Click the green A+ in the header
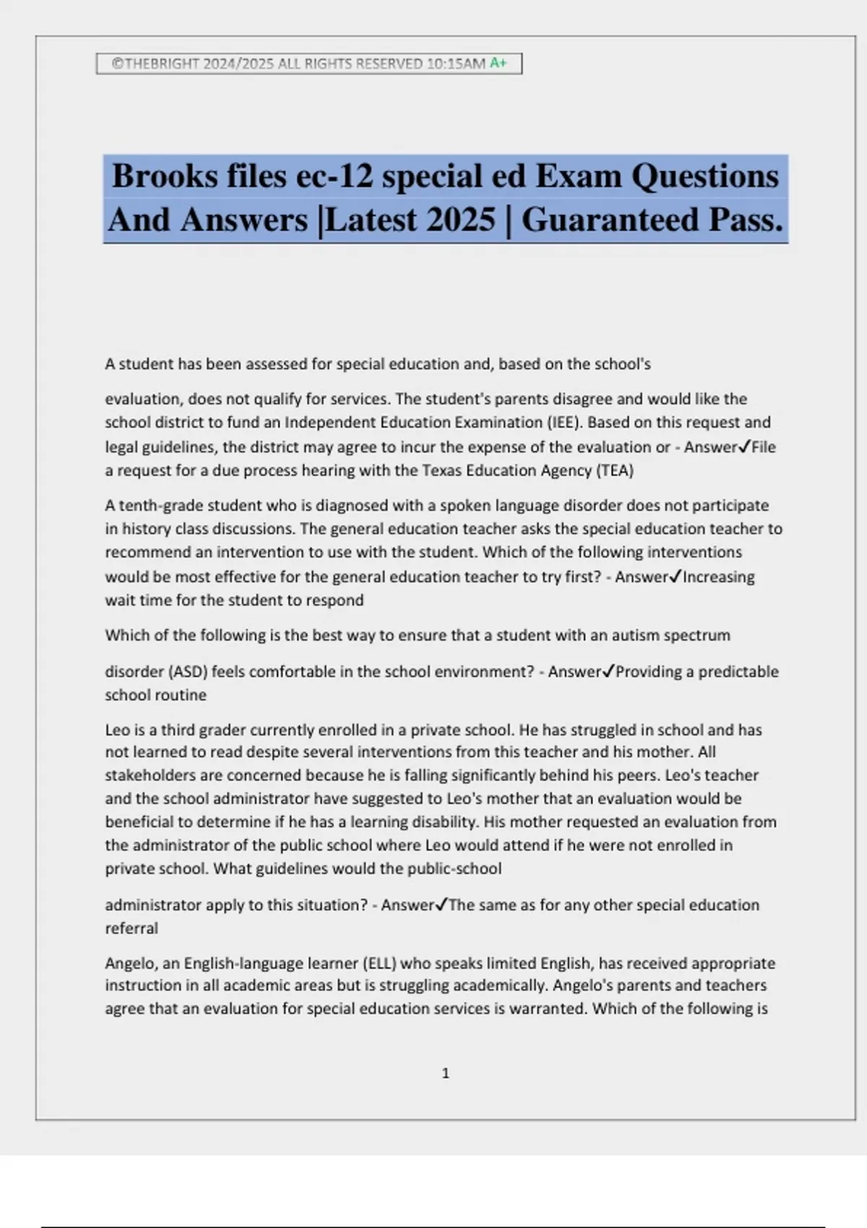point(499,64)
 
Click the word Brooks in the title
point(164,176)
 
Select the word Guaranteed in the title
point(611,220)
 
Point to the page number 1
point(445,1073)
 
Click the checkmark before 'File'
point(745,447)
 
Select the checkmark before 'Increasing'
point(676,577)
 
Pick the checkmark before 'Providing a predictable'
point(608,672)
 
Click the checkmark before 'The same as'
point(441,905)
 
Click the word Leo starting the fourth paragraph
point(117,730)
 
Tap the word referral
point(131,929)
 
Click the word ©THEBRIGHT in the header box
point(155,64)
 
